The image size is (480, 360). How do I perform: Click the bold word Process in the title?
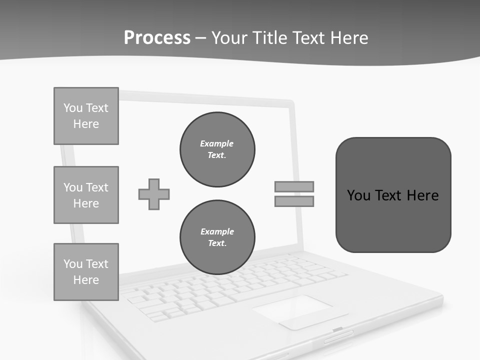[x=157, y=38]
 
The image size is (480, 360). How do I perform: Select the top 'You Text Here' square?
[x=86, y=116]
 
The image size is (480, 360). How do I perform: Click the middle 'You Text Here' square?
[x=86, y=195]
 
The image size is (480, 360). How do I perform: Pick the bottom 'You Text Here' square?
[x=86, y=272]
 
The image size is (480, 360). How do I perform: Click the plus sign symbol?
[x=154, y=194]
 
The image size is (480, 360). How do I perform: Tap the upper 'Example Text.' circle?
[x=217, y=149]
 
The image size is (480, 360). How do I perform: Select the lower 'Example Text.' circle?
[x=217, y=237]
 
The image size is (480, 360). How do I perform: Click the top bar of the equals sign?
[x=294, y=186]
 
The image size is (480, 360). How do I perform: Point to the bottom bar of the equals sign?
[x=294, y=201]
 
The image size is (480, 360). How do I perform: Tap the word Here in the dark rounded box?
[x=422, y=195]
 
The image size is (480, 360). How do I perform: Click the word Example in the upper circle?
[x=216, y=143]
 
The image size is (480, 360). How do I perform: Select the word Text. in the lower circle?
[x=217, y=243]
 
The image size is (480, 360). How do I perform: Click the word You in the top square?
[x=72, y=108]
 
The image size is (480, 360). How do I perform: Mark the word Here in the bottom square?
[x=86, y=280]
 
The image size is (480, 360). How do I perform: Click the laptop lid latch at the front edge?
[x=338, y=329]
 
